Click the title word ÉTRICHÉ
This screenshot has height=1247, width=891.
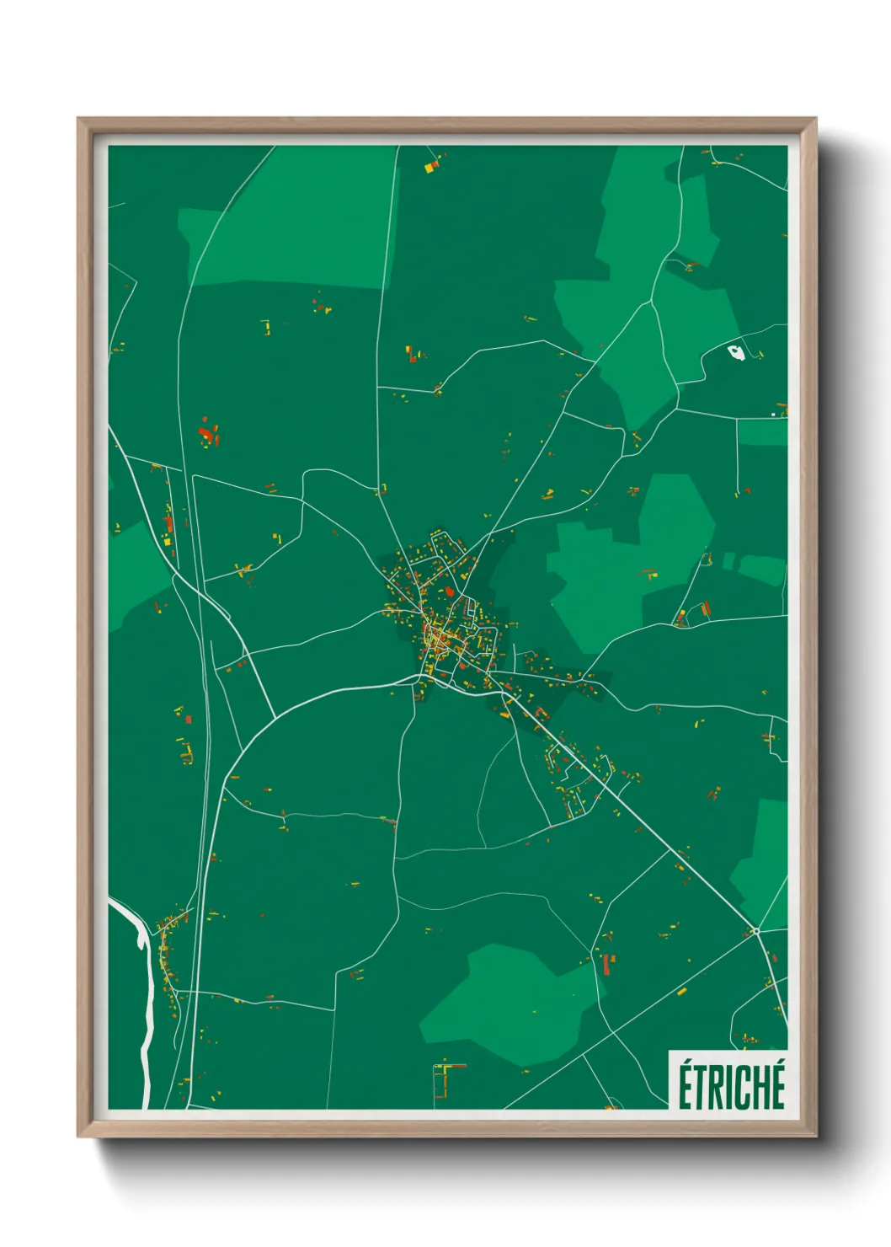(x=731, y=1084)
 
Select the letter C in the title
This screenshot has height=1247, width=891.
(x=742, y=1088)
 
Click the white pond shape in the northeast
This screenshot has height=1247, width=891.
(x=736, y=353)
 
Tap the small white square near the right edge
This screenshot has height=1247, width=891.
(x=773, y=415)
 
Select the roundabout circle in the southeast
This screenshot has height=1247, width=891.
(x=756, y=931)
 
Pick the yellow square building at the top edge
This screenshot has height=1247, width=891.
(x=429, y=168)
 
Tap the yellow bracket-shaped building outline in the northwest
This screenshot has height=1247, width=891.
(x=267, y=326)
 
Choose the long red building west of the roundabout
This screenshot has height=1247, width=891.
(x=606, y=963)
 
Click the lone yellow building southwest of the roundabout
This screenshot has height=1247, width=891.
(x=681, y=992)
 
